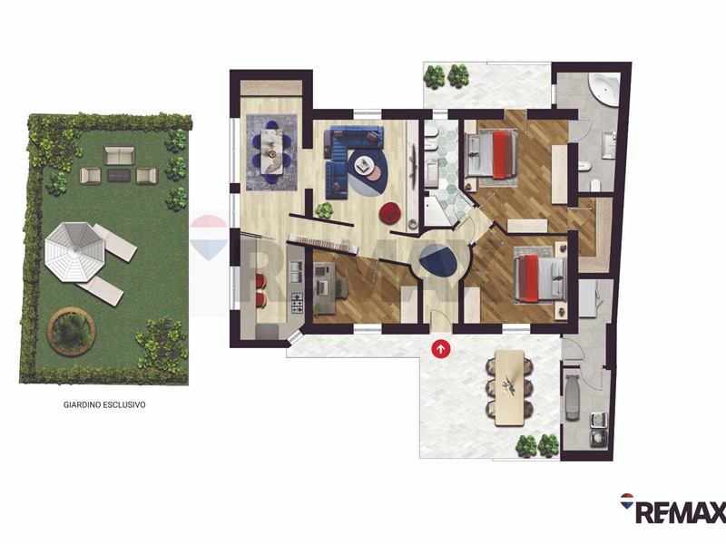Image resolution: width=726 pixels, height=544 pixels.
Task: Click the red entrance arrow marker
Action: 440,349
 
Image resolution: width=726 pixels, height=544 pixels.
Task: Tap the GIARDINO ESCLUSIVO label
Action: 104,404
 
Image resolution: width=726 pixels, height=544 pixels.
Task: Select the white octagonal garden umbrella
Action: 74,251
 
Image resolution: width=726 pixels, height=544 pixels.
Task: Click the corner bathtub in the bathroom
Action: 603,89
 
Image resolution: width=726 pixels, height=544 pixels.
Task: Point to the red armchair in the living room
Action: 390,212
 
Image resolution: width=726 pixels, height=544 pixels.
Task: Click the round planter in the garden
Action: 72,332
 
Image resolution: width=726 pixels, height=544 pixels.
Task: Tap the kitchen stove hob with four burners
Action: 297,304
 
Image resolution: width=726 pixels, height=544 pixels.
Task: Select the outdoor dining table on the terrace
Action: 509,388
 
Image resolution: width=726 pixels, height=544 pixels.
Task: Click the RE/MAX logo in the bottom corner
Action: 672,508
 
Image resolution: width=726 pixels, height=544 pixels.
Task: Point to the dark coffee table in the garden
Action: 119,175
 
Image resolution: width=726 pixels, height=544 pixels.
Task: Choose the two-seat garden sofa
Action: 120,155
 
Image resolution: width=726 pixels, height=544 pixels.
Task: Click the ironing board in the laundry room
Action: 571,397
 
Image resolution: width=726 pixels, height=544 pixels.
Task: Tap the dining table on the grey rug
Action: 270,151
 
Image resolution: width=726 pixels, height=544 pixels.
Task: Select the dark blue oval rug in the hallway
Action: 438,260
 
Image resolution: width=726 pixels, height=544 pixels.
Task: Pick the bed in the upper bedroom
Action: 491,154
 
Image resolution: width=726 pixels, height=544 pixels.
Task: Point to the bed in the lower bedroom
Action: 541,278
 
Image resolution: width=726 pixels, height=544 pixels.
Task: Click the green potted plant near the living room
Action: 324,210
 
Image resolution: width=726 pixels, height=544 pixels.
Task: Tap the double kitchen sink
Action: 297,272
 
